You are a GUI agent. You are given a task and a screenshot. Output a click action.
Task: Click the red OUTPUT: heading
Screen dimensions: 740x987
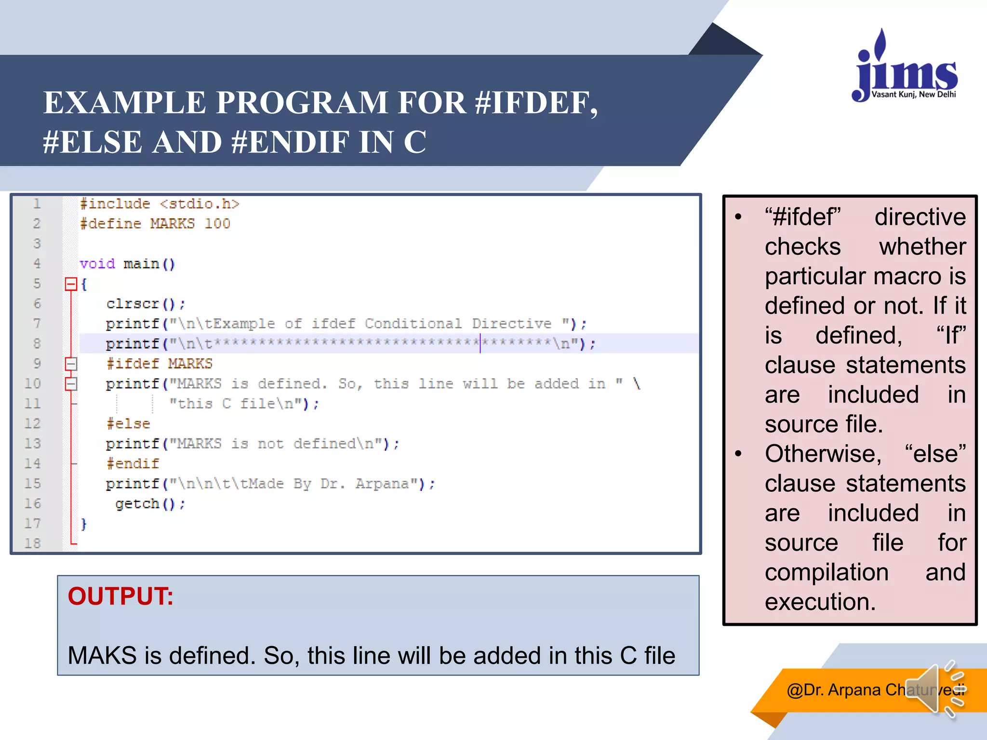pyautogui.click(x=120, y=596)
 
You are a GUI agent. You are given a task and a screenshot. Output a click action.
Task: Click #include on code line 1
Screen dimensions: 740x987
pyautogui.click(x=115, y=204)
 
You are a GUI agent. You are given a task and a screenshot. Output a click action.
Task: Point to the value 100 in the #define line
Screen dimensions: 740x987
pyautogui.click(x=217, y=224)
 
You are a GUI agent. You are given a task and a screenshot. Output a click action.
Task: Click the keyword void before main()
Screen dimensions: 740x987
pyautogui.click(x=97, y=264)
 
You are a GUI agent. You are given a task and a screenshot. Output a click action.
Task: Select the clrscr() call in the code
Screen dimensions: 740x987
pyautogui.click(x=145, y=304)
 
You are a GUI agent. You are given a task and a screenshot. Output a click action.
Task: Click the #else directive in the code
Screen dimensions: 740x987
pyautogui.click(x=128, y=424)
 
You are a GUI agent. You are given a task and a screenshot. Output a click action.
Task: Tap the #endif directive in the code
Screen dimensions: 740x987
pyautogui.click(x=133, y=463)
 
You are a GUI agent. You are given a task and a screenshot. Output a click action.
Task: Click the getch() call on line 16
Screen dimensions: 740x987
pyautogui.click(x=150, y=504)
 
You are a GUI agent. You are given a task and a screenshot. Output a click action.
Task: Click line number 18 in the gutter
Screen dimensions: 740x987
pyautogui.click(x=33, y=543)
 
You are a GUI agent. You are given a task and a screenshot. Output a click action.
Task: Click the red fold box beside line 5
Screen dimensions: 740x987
pyautogui.click(x=71, y=284)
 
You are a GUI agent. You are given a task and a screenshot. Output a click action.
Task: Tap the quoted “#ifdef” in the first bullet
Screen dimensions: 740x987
pyautogui.click(x=802, y=217)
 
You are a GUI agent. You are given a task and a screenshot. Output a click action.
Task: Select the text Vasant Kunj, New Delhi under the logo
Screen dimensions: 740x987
pyautogui.click(x=913, y=94)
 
